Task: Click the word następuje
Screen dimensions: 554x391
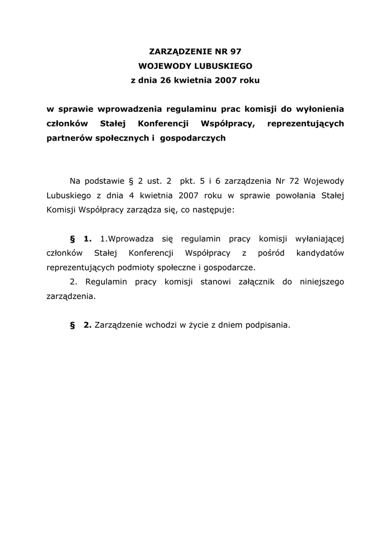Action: pos(213,210)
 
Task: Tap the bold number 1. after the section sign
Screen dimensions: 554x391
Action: pos(87,239)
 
